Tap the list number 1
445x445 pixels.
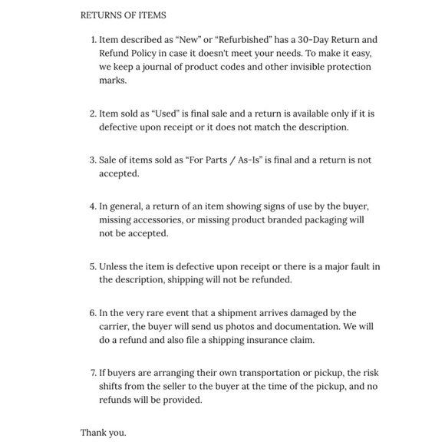tap(93, 39)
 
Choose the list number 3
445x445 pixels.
tap(93, 160)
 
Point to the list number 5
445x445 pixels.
tap(93, 266)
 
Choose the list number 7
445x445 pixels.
tap(93, 373)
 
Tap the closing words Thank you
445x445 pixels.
tap(104, 433)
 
